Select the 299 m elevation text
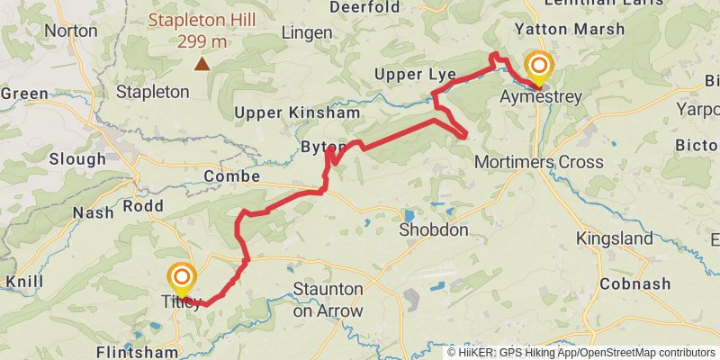tap(202, 40)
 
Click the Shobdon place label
tap(434, 230)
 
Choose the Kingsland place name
tap(615, 238)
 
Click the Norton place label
tap(70, 31)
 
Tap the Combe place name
tap(231, 176)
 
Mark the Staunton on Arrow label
tap(328, 301)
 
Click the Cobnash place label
tap(636, 284)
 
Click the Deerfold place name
tap(364, 7)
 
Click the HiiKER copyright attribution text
tap(580, 352)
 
